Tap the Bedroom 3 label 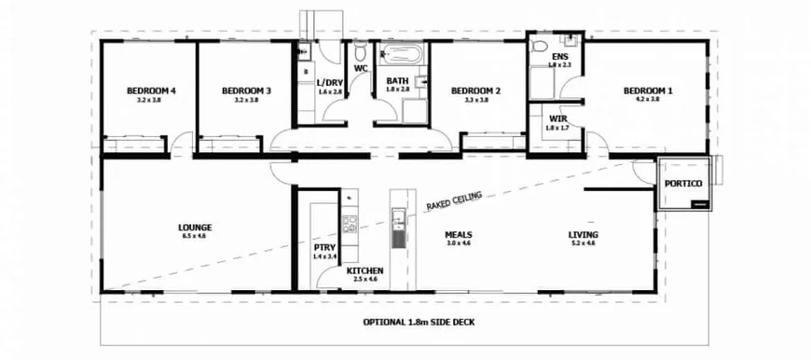(x=246, y=90)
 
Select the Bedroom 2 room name (x=476, y=90)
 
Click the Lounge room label (x=195, y=227)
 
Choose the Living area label (x=584, y=234)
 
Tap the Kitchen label (x=364, y=270)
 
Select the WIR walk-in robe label (x=558, y=119)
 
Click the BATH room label (x=398, y=81)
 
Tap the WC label (x=361, y=67)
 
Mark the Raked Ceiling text (x=455, y=200)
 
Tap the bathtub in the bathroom (x=402, y=52)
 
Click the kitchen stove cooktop (x=351, y=224)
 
